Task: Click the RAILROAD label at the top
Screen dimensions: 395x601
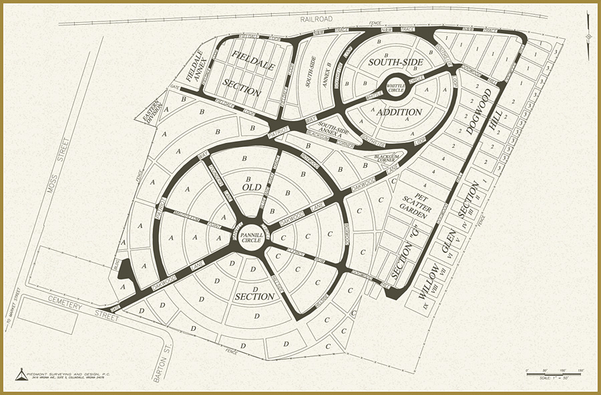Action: click(x=316, y=19)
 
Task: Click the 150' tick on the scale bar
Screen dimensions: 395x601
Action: click(x=580, y=370)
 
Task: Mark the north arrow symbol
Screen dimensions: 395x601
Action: click(x=587, y=36)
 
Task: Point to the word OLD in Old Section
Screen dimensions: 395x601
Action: click(x=251, y=188)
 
